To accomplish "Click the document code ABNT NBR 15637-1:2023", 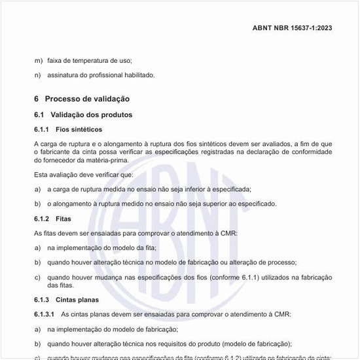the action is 292,28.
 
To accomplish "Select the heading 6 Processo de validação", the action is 82,99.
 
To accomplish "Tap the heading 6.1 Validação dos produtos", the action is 83,115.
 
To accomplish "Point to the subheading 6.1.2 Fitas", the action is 53,219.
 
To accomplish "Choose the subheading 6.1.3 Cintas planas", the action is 66,300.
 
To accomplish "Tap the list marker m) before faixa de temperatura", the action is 39,60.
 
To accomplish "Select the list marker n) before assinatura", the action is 38,75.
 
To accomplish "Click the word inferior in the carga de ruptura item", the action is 185,189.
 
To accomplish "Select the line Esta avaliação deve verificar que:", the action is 83,175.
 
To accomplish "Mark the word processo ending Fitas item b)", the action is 282,262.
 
